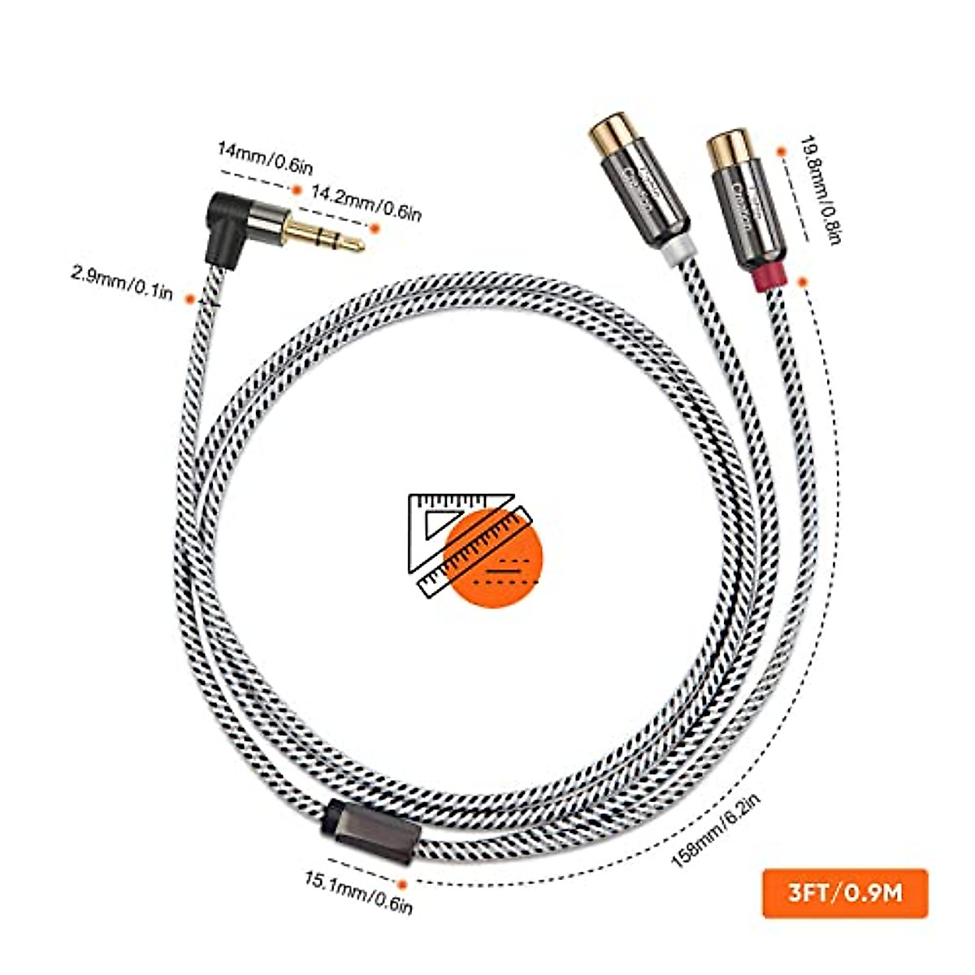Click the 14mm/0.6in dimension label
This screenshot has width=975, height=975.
(x=264, y=158)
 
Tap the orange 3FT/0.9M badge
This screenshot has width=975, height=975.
(x=845, y=893)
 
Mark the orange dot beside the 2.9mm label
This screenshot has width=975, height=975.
(x=189, y=298)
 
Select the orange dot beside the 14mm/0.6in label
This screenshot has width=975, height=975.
(x=297, y=189)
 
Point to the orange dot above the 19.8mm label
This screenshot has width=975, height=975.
(x=781, y=152)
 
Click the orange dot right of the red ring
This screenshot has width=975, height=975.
(x=803, y=282)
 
